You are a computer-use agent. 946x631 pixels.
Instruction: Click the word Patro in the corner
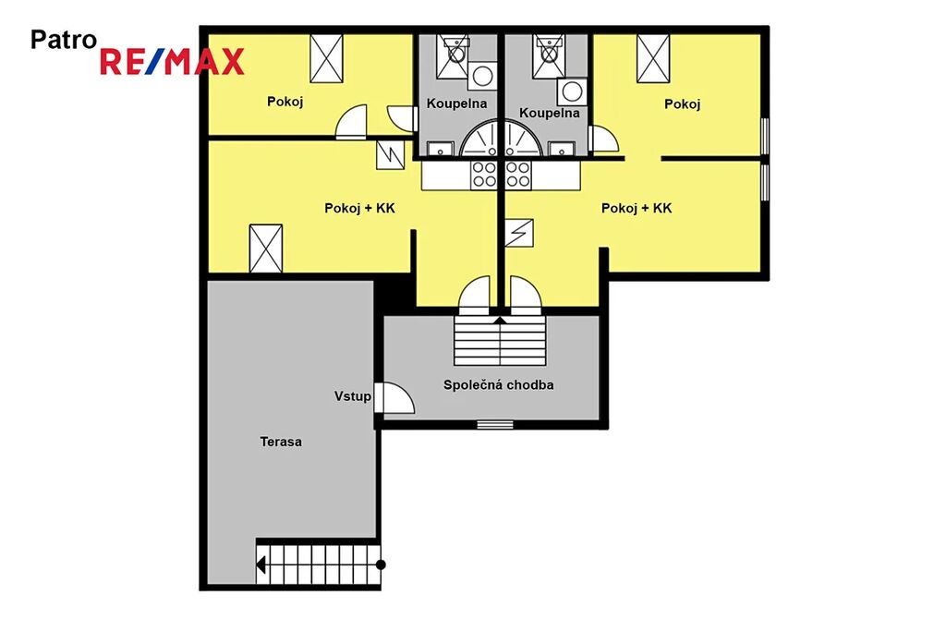tap(64, 40)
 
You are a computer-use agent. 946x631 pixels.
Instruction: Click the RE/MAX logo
tap(172, 62)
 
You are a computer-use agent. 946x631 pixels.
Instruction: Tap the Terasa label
tap(281, 442)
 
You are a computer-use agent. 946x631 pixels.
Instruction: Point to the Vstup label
tap(352, 396)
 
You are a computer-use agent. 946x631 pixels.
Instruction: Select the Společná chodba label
tap(498, 385)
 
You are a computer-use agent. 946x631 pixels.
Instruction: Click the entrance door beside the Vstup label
tap(394, 397)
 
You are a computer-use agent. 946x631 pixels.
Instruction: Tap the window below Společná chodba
tap(495, 425)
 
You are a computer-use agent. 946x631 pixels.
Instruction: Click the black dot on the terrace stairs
tap(381, 565)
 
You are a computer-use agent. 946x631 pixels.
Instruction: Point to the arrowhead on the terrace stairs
tap(261, 565)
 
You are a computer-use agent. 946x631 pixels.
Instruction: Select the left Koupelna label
tap(456, 103)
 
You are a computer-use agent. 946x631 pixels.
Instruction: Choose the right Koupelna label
tap(549, 113)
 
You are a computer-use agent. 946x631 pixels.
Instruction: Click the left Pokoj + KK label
tap(359, 208)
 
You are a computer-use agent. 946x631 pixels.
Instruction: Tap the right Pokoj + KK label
tap(637, 208)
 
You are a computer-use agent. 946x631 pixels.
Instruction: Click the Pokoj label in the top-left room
tap(285, 102)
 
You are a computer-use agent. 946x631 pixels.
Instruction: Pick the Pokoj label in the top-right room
tap(683, 104)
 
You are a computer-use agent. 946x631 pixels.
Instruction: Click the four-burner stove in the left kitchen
tap(484, 175)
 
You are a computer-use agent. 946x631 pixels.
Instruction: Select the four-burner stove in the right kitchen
tap(518, 175)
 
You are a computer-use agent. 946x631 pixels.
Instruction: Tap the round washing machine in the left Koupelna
tap(482, 76)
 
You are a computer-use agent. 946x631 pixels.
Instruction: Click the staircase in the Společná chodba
tap(500, 341)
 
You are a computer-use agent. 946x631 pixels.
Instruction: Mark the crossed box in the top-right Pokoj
tap(653, 58)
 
